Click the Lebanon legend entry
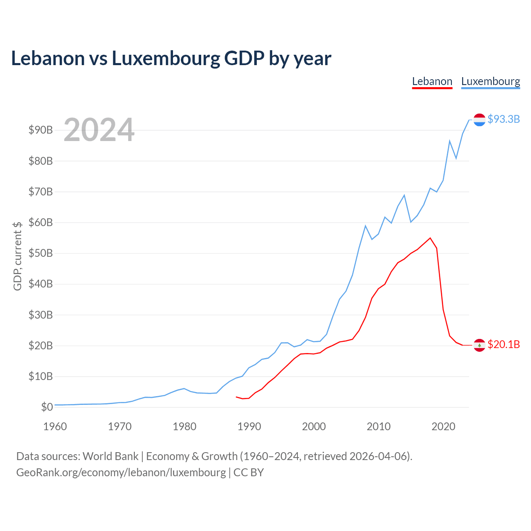click(432, 82)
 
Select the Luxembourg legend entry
click(490, 82)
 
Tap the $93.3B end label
click(504, 119)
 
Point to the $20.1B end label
click(504, 344)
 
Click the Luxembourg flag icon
click(479, 120)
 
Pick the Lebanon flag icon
click(479, 345)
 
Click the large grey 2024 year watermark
click(99, 129)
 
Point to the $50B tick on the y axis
click(41, 253)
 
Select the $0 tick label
click(47, 407)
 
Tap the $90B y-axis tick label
click(41, 130)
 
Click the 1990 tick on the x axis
click(249, 426)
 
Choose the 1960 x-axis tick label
click(55, 426)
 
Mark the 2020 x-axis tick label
click(443, 426)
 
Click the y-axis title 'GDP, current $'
click(17, 256)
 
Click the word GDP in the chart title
click(244, 58)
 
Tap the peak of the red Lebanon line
click(430, 238)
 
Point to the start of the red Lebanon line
click(236, 397)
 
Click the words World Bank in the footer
click(110, 456)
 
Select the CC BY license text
click(248, 473)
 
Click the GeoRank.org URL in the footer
click(121, 473)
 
